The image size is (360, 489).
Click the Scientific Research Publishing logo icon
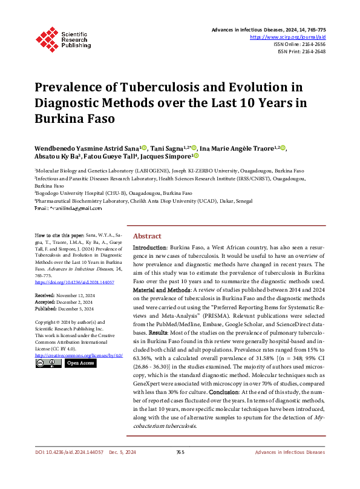point(47,37)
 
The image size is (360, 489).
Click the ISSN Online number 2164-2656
point(313,44)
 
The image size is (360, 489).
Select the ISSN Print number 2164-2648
point(313,51)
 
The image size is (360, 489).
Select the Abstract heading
point(147,236)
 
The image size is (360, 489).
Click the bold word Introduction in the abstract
point(149,248)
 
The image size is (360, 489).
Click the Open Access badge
point(80,363)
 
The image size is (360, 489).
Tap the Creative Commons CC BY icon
point(48,363)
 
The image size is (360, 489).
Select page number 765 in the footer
point(180,468)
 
